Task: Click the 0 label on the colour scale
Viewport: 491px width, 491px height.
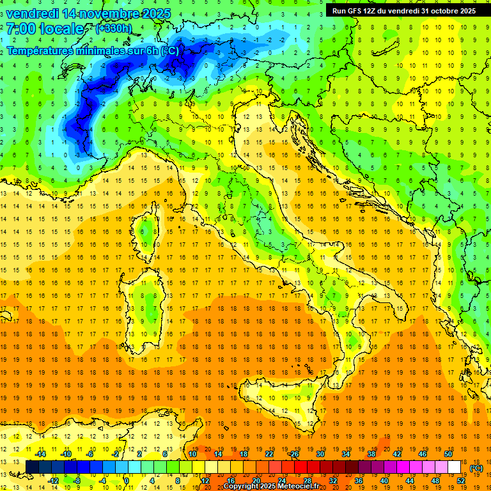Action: point(126,481)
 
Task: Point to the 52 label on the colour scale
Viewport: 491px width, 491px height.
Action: point(460,481)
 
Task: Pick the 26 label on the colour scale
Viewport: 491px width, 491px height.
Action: point(294,454)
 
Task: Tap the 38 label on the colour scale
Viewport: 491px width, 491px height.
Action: point(371,454)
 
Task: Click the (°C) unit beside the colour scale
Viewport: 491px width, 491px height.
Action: point(476,468)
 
